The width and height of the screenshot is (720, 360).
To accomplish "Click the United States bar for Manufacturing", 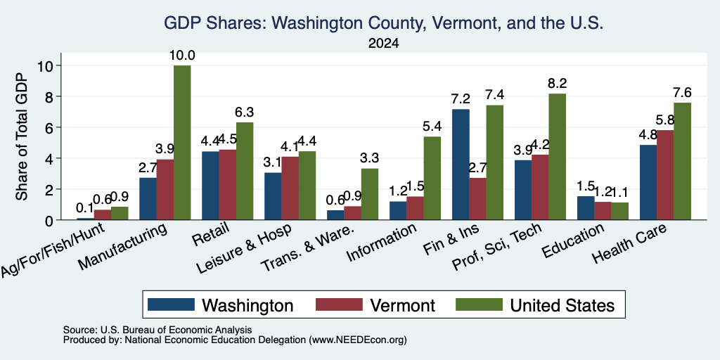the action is coord(182,143).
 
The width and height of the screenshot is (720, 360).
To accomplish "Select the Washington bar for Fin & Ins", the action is coord(461,165).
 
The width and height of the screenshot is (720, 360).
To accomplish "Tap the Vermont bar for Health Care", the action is coord(665,175).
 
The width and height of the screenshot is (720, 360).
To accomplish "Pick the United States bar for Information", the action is coord(432,178).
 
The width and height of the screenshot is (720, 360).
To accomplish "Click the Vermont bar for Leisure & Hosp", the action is coord(290,188).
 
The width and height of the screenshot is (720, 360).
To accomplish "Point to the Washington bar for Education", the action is coord(586,208).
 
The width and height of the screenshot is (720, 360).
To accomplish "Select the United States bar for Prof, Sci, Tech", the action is coord(557,157).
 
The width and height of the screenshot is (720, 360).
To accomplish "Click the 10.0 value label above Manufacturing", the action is coord(182,56).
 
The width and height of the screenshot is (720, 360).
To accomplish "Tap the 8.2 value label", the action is coord(557,83).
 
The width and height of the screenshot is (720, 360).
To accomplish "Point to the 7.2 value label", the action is coord(461,98).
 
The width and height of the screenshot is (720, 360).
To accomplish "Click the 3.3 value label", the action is coord(370,158).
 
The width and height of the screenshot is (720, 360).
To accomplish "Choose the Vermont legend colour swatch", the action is coord(339,304).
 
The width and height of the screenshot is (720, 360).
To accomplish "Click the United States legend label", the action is coord(562,305).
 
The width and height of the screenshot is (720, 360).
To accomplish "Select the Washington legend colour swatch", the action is coord(171,304).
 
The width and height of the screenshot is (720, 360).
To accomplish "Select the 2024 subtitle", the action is coord(383,44).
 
